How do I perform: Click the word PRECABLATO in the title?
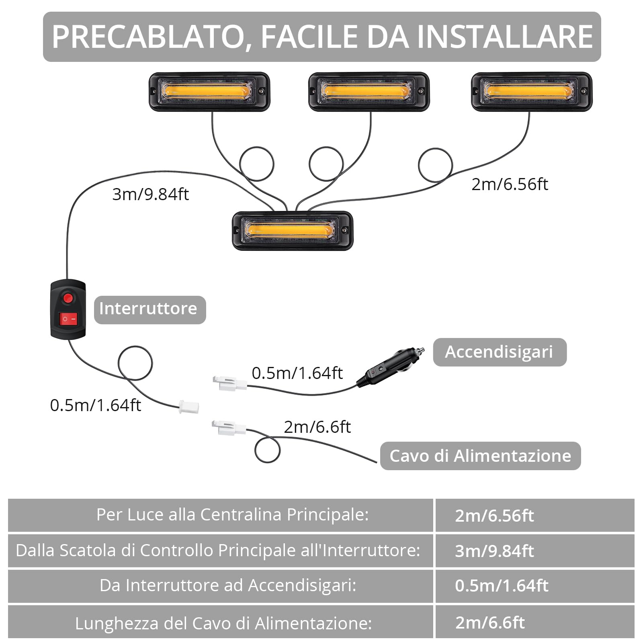point(149,37)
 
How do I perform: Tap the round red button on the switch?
point(68,298)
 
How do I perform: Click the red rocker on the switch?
point(68,319)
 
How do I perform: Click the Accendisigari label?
point(499,352)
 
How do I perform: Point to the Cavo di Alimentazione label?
point(480,456)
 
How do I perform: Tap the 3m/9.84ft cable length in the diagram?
point(150,195)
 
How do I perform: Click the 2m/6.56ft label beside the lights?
point(510,184)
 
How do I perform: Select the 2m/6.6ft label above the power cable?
point(317,427)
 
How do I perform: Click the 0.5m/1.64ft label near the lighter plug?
point(297,373)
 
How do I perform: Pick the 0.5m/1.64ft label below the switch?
point(95,405)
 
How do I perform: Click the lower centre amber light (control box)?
point(293,230)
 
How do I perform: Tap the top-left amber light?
point(209,92)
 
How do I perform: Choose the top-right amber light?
point(531,92)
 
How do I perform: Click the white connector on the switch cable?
point(188,407)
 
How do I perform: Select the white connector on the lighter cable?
point(229,383)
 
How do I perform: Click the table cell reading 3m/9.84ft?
point(494,551)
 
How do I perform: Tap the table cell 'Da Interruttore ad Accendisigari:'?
point(228,586)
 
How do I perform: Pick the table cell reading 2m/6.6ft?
point(490,623)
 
